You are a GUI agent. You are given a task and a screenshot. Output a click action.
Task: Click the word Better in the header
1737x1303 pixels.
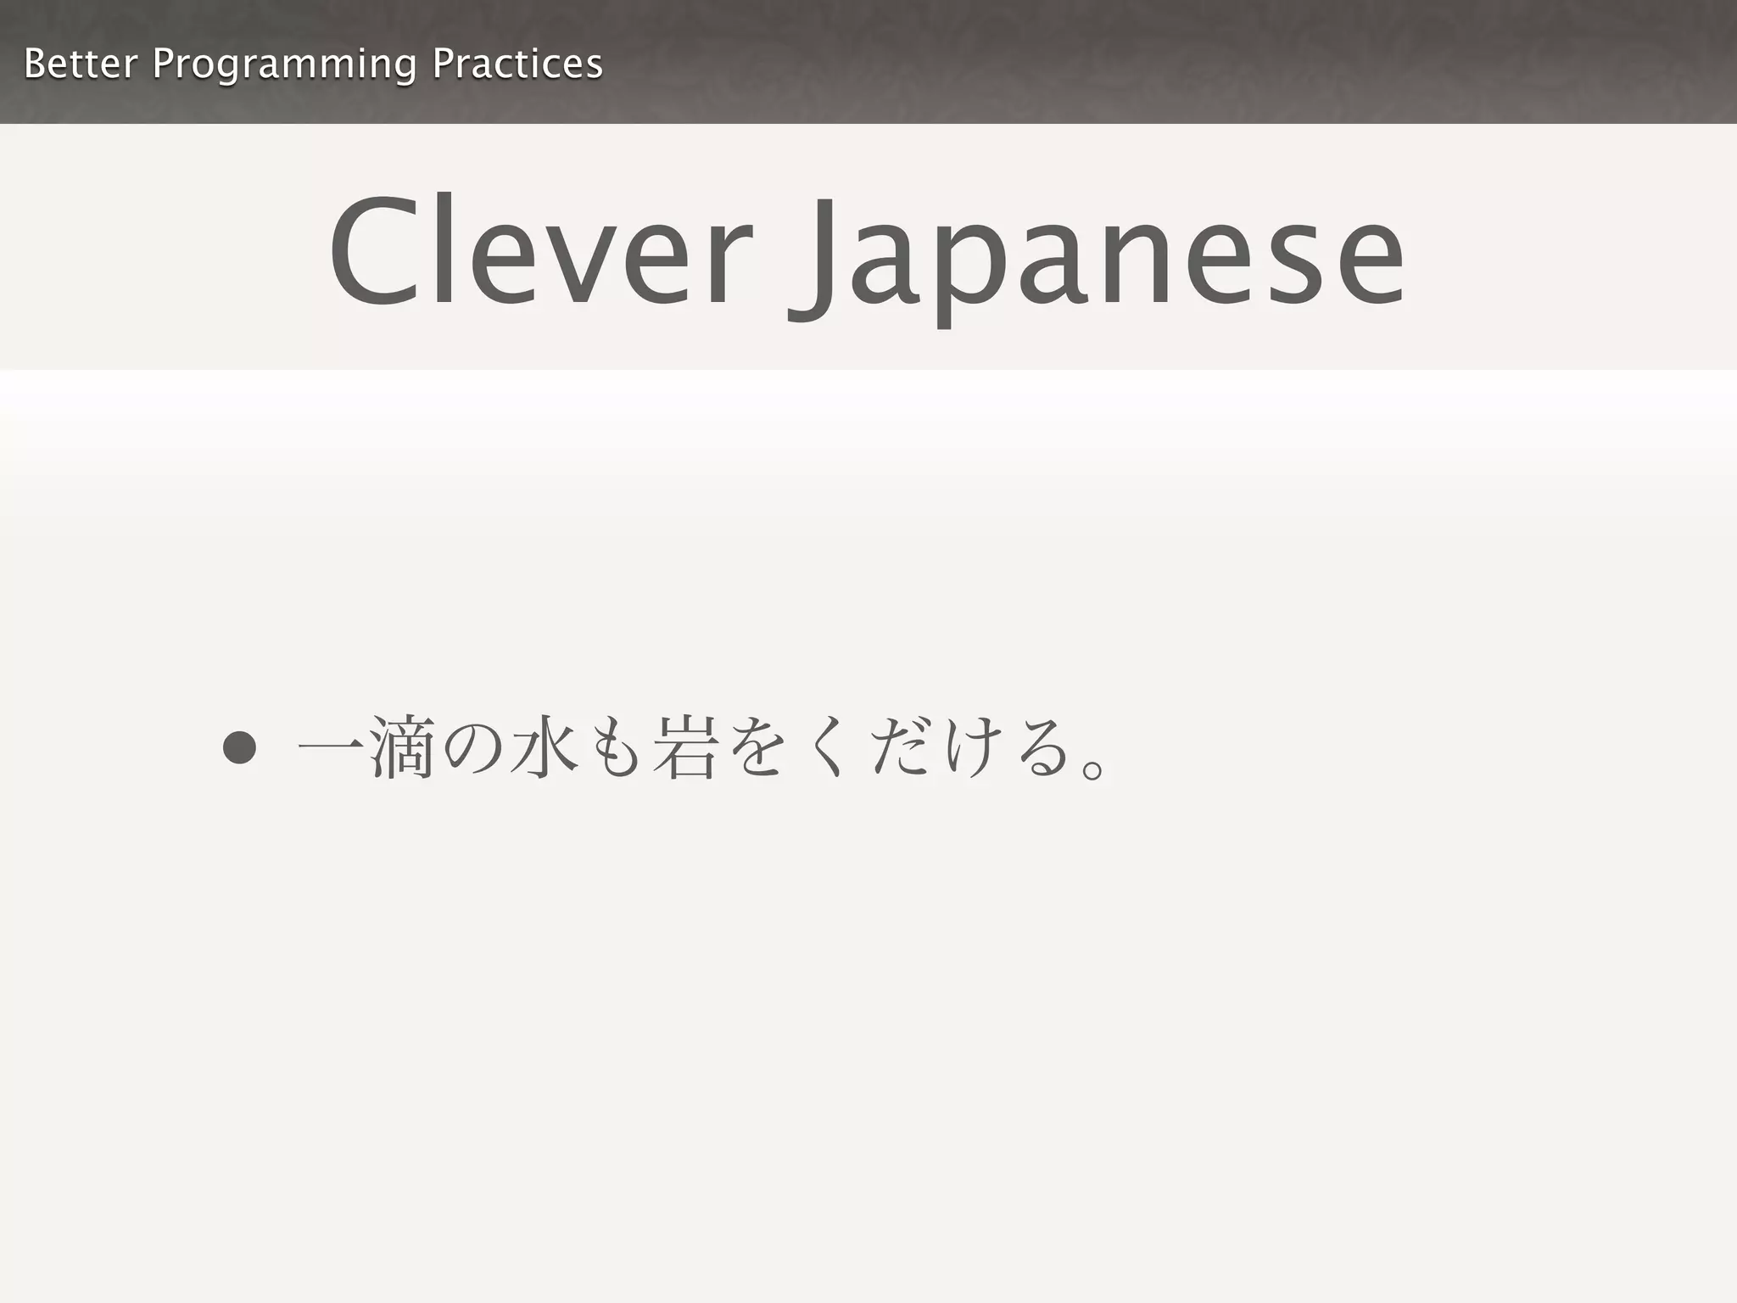(81, 64)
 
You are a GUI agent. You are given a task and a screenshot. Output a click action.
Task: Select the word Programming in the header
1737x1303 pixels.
(284, 65)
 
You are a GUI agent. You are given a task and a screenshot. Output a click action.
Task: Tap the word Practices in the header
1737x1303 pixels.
(517, 64)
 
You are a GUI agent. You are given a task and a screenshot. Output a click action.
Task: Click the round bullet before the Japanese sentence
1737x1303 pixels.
(239, 747)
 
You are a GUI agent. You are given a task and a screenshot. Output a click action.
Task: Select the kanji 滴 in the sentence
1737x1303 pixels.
(402, 747)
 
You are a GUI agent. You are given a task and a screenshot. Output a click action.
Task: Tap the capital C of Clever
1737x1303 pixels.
(374, 252)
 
